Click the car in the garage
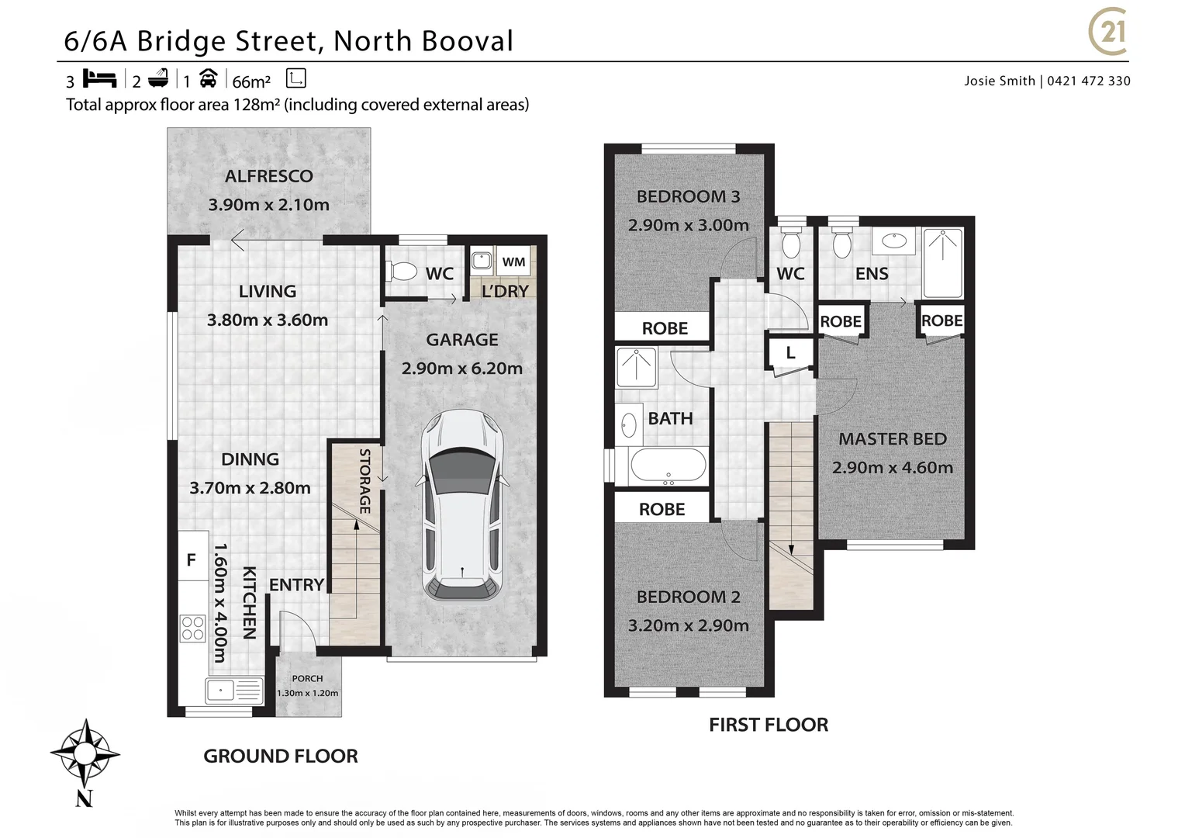tap(462, 505)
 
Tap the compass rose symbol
tap(85, 752)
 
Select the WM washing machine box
tap(513, 262)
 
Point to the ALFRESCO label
tap(268, 176)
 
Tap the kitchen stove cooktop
tap(192, 628)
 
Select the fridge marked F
tap(192, 559)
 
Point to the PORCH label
tap(307, 678)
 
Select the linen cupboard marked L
tap(790, 353)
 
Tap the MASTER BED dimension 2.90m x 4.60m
tap(892, 468)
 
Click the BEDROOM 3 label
tap(688, 196)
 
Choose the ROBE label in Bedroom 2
tap(662, 510)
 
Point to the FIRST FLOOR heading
tap(769, 725)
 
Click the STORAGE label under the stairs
tap(364, 481)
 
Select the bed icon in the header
tap(99, 79)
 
